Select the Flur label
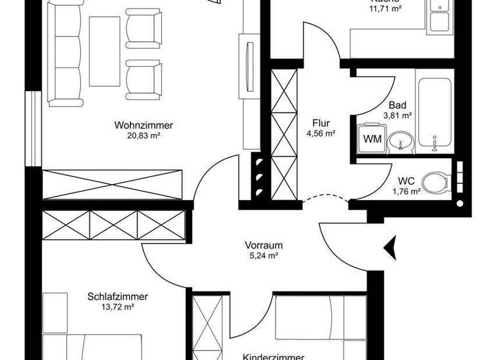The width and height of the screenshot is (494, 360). (x=321, y=123)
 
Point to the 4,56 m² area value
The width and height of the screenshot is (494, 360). (x=321, y=133)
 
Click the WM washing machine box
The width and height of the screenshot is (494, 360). (x=372, y=138)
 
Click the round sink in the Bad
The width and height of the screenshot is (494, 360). (x=402, y=139)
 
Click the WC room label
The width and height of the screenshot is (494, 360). (x=406, y=181)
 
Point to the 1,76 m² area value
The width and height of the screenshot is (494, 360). (x=406, y=191)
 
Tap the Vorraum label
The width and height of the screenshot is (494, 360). (x=264, y=245)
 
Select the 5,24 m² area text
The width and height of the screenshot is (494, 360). (x=264, y=255)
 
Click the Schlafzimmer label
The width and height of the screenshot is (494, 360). (x=118, y=297)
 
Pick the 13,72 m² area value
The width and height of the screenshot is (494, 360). (x=118, y=307)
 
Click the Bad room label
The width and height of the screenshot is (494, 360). (x=398, y=105)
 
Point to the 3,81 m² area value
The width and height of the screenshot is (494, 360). (x=398, y=116)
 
